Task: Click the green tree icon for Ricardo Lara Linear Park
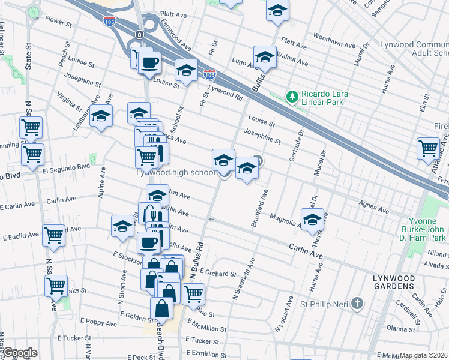[292, 96]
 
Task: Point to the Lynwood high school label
[175, 173]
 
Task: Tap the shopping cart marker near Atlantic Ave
[429, 148]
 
